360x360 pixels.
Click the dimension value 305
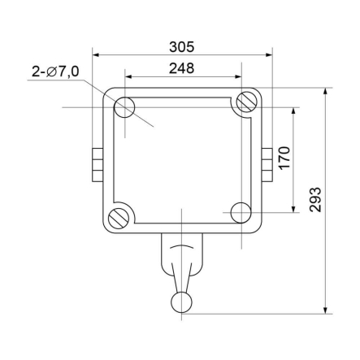click(182, 47)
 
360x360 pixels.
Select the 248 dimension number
click(182, 68)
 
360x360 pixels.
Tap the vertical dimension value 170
click(284, 158)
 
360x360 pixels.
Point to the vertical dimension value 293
click(316, 200)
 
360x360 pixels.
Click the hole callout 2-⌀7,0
click(55, 72)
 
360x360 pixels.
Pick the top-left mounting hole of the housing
click(125, 107)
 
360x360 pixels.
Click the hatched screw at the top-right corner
click(244, 103)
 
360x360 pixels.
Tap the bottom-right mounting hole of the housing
click(241, 213)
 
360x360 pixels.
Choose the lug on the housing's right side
click(267, 161)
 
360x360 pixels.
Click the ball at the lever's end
click(183, 304)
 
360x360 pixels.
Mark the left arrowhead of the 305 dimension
click(97, 56)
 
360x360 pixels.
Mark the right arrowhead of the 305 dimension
click(269, 56)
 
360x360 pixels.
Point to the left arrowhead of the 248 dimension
click(128, 77)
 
